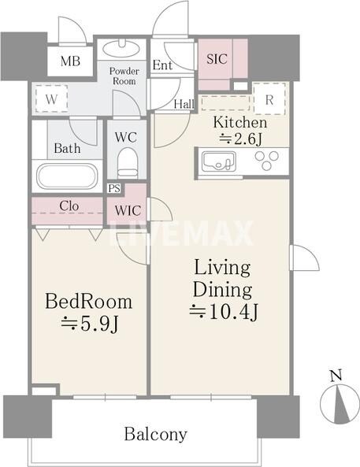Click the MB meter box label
(x=70, y=61)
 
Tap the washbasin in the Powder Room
(x=122, y=48)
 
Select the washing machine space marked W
(x=51, y=98)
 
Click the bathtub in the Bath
(x=67, y=176)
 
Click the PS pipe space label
(x=114, y=188)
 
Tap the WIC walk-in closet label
(x=128, y=210)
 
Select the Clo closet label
(x=69, y=206)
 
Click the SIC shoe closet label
(x=217, y=59)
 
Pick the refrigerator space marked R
(x=269, y=99)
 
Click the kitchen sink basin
(x=219, y=161)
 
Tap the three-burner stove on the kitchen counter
(x=267, y=160)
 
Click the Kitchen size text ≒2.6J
(x=241, y=139)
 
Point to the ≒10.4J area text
(x=223, y=312)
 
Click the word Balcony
(x=155, y=434)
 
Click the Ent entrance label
(x=162, y=65)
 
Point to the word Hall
(x=184, y=104)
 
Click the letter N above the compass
(x=336, y=376)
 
